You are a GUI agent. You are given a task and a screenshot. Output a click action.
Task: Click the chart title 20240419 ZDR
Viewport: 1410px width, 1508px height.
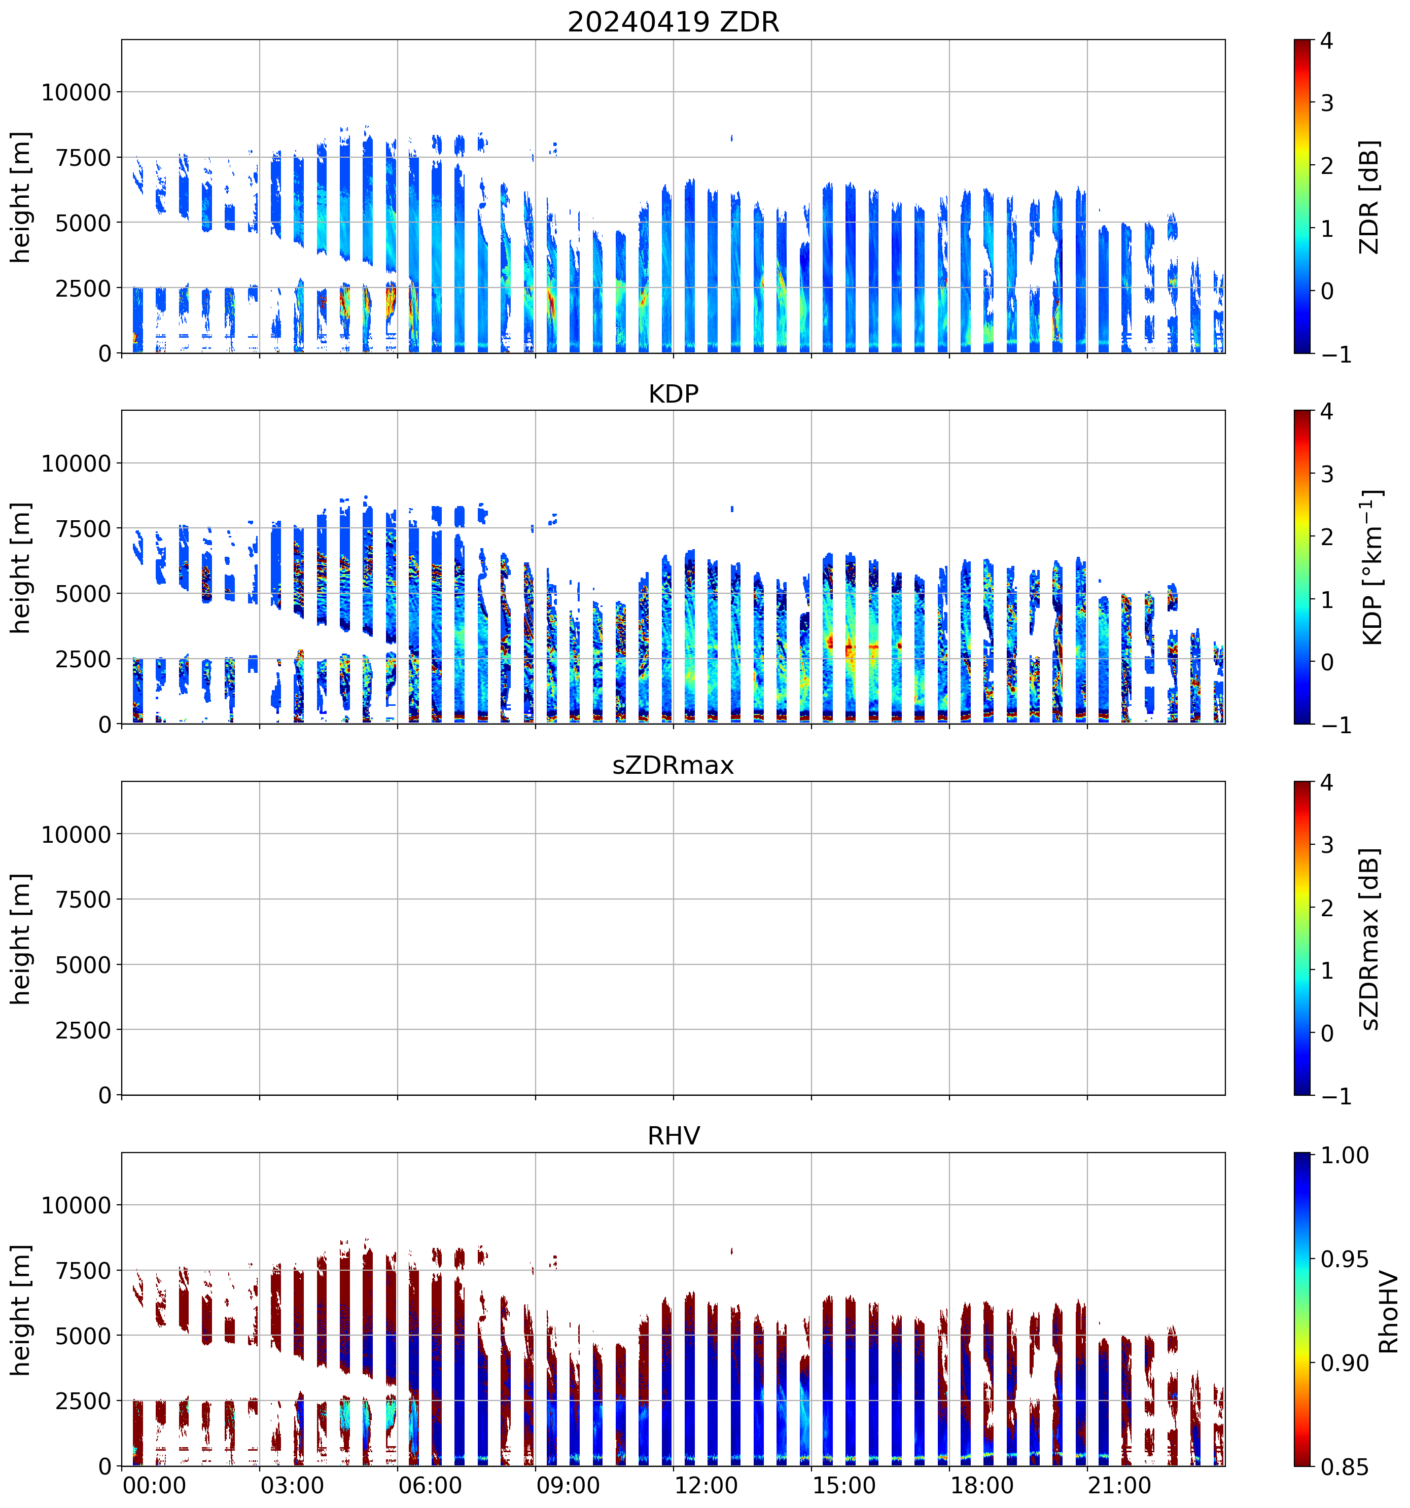[673, 22]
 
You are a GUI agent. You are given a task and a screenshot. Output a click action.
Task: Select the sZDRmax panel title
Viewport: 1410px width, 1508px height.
[673, 765]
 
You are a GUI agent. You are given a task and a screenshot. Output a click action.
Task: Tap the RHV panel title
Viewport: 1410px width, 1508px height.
[673, 1136]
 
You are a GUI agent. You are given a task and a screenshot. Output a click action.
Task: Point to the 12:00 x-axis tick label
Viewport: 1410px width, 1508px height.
[706, 1485]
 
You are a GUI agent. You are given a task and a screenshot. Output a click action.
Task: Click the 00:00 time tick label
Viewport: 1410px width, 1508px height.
[154, 1485]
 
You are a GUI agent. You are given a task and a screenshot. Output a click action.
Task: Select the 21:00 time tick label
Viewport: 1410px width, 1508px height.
[1119, 1485]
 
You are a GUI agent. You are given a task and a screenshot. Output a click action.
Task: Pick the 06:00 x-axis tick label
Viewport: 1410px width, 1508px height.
[430, 1485]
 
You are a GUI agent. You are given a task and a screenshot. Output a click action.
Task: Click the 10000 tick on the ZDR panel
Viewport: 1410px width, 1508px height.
[76, 93]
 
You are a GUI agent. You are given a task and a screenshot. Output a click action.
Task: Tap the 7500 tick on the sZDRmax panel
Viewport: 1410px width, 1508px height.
[84, 900]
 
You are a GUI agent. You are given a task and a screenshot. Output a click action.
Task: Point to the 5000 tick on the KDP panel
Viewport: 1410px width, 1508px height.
[84, 594]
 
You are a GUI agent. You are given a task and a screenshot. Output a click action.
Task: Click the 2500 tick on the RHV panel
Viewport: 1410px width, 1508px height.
[84, 1401]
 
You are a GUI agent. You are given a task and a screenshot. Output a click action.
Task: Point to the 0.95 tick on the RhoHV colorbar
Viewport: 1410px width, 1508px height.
[1345, 1259]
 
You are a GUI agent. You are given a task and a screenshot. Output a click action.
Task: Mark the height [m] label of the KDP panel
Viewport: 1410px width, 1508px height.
[20, 567]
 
